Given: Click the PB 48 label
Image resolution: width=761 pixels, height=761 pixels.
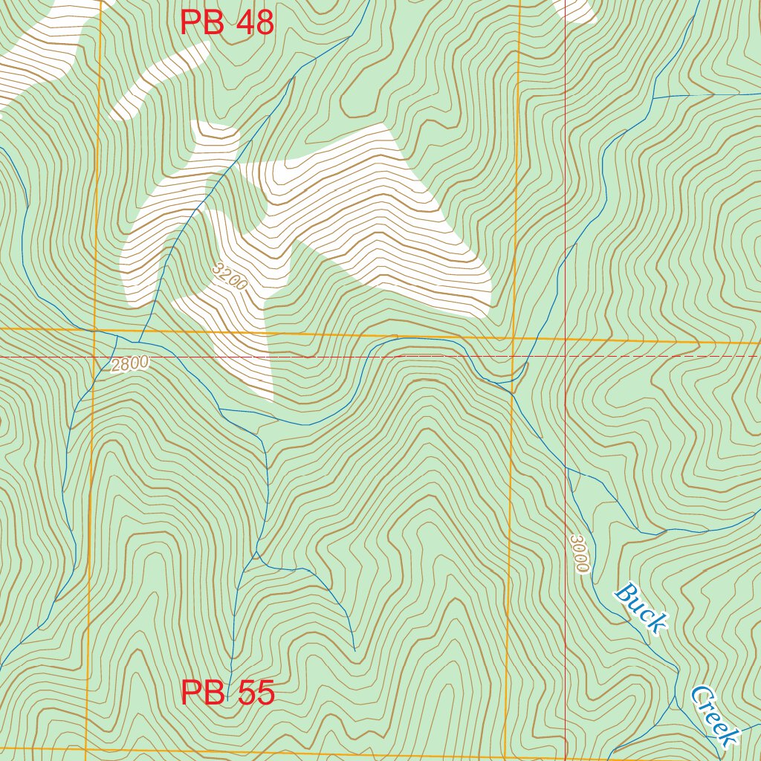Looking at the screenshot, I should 227,23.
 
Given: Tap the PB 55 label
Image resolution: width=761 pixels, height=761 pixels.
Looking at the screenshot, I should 227,693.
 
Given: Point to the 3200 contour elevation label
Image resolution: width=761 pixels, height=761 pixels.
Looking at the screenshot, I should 229,276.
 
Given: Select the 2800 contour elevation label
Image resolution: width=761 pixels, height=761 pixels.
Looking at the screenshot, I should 130,364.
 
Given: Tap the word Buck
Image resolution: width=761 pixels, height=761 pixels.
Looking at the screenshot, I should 639,608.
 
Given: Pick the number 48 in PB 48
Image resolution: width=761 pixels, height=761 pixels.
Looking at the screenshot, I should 255,23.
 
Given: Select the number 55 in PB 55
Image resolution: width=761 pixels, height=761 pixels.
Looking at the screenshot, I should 256,693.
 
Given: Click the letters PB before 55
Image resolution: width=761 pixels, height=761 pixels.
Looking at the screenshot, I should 204,693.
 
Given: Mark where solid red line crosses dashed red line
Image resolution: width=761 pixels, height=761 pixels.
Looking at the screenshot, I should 566,357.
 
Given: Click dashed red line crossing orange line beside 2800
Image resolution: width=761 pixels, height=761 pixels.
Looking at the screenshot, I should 94,357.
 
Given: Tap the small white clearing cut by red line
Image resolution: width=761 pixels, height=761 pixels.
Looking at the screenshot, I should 578,9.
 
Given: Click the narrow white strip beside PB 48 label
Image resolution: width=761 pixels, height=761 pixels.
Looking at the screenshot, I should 160,78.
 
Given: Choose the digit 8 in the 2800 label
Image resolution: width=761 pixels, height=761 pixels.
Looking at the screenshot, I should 126,365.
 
